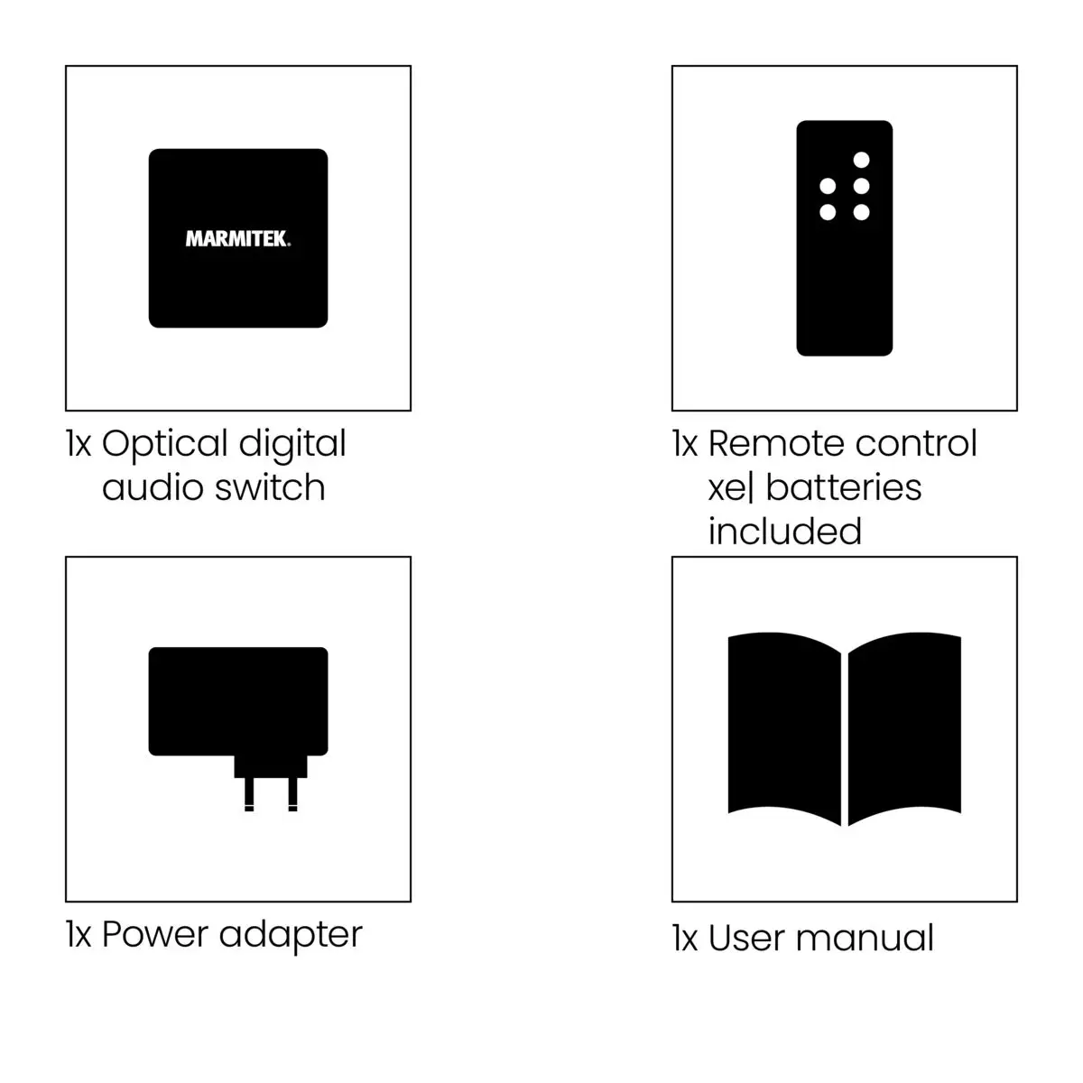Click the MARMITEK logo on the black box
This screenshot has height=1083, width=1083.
coord(237,239)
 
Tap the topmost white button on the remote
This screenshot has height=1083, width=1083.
coord(861,160)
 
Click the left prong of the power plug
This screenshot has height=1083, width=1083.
coord(249,794)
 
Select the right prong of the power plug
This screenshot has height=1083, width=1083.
coord(292,794)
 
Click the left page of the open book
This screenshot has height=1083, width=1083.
coord(784,728)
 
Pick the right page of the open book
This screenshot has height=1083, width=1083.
coord(904,728)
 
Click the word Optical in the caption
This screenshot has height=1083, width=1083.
coord(164,445)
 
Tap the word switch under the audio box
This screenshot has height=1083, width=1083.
coord(271,487)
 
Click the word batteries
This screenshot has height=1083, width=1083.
coord(844,487)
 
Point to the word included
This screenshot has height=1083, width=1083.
coord(784,531)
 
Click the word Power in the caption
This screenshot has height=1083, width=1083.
coord(154,935)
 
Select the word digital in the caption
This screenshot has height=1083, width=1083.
coord(292,445)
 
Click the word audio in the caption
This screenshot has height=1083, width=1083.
coord(153,487)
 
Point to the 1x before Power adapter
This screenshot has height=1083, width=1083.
coord(79,935)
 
